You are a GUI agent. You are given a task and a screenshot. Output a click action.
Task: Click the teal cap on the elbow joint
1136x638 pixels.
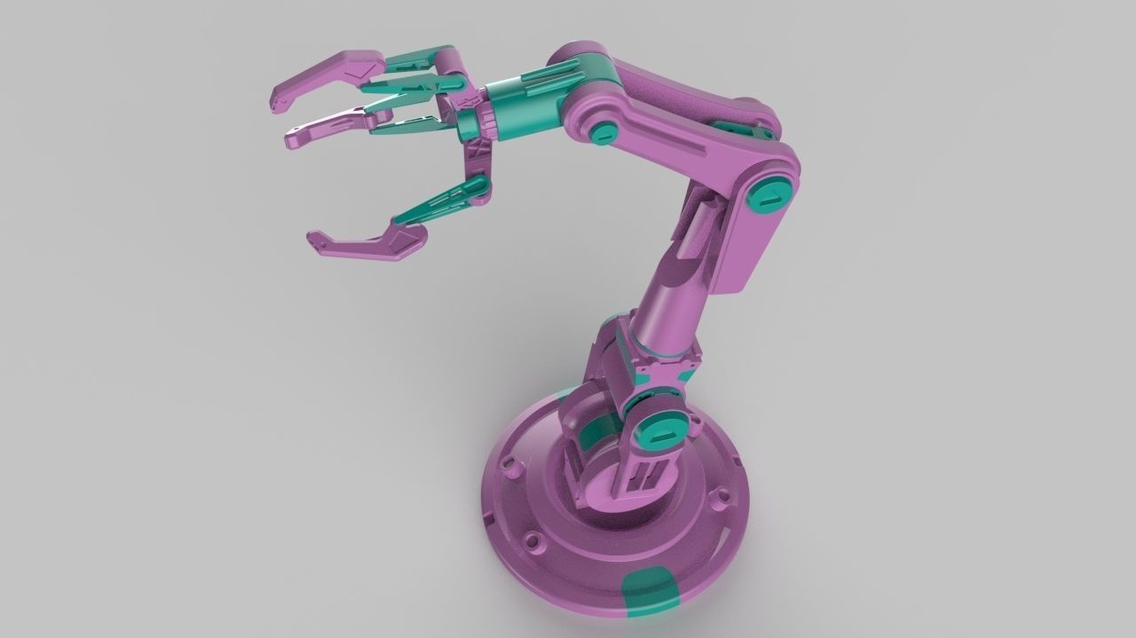tap(769, 194)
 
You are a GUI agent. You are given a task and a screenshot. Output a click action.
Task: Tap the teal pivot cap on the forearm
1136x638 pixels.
tap(604, 132)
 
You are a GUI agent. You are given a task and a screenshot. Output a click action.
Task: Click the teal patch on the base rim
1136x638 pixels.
tap(650, 590)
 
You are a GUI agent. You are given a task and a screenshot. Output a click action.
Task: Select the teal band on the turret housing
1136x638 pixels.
tap(597, 436)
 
